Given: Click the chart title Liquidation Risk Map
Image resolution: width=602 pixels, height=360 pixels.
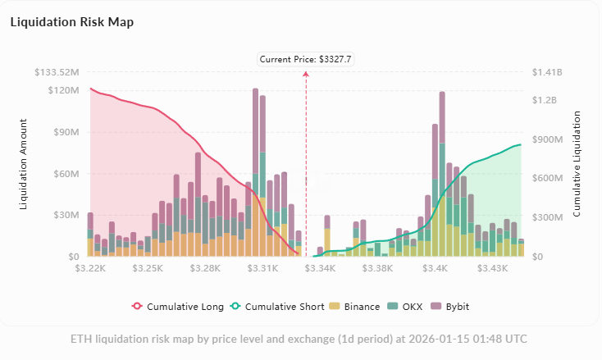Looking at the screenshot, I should pyautogui.click(x=71, y=22).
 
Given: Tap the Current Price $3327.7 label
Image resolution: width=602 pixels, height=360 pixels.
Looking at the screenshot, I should pyautogui.click(x=305, y=59).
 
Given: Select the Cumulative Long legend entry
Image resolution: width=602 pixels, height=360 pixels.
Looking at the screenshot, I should pyautogui.click(x=177, y=307).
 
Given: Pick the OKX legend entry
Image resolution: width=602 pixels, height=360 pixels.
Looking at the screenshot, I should pyautogui.click(x=407, y=307).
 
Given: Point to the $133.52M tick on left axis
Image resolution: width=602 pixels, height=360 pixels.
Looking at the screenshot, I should pyautogui.click(x=57, y=72).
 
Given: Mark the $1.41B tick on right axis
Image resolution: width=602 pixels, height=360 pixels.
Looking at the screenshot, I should pyautogui.click(x=548, y=72).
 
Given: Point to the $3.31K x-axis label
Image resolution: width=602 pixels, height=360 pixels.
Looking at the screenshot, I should pyautogui.click(x=264, y=268).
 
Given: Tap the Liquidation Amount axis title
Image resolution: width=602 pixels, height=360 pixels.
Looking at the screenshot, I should pyautogui.click(x=24, y=164).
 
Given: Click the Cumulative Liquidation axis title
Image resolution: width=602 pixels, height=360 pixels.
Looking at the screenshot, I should pyautogui.click(x=577, y=164).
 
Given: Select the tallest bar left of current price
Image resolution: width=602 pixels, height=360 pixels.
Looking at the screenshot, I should pyautogui.click(x=256, y=172).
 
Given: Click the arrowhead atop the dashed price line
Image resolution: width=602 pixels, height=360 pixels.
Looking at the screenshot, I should pyautogui.click(x=306, y=74).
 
